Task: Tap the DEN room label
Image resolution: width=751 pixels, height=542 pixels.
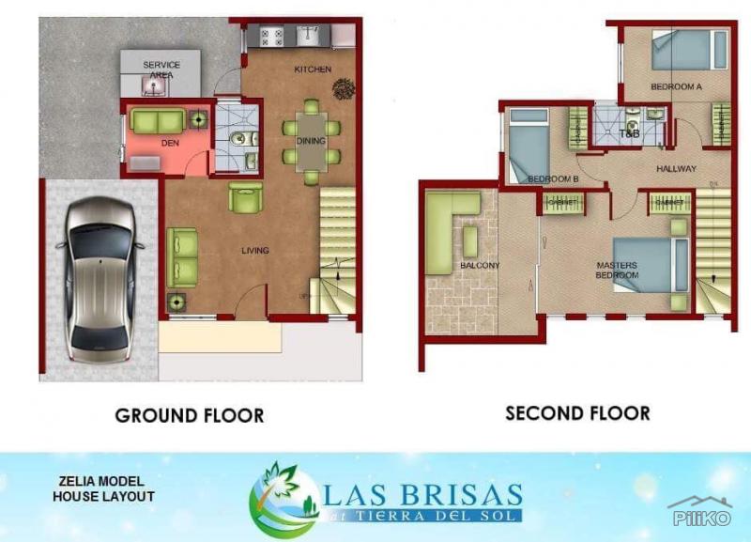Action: coord(170,143)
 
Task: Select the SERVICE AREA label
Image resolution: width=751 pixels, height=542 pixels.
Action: coord(161,69)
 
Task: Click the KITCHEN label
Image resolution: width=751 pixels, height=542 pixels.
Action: coord(312,70)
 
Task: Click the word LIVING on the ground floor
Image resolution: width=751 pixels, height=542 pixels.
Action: coord(254,250)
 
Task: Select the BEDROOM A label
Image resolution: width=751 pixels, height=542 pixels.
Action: coord(676,86)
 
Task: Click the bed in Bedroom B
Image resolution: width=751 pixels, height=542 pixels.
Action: coord(527,146)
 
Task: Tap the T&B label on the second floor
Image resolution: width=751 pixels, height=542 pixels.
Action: coord(629,134)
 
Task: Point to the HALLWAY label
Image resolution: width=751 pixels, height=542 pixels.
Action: coord(676,169)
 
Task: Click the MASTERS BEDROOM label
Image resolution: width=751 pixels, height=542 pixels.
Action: coord(617,271)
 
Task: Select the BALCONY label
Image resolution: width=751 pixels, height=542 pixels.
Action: coord(480,266)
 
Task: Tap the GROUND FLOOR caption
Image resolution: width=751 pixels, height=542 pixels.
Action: coord(189,415)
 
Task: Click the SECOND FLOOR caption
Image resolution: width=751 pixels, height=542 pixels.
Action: coord(577,412)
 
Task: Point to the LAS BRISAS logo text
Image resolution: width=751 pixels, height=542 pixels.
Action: coord(423,494)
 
